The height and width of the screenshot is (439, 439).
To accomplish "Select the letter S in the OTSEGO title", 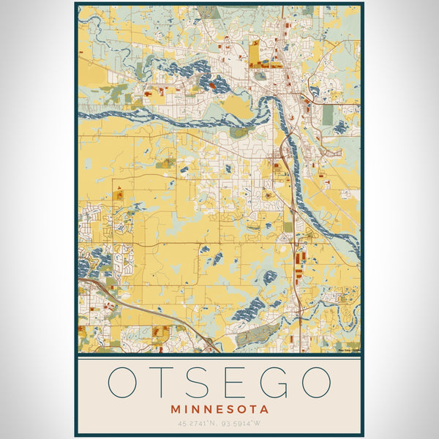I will pyautogui.click(x=203, y=382).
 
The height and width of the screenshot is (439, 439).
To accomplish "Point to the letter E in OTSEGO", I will pyautogui.click(x=238, y=382).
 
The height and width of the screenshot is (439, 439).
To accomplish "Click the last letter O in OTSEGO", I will pyautogui.click(x=315, y=382).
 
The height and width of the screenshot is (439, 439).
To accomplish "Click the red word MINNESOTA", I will pyautogui.click(x=219, y=410).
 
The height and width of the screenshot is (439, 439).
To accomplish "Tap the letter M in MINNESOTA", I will pyautogui.click(x=175, y=410).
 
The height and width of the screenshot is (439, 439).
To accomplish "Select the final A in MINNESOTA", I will pyautogui.click(x=265, y=410).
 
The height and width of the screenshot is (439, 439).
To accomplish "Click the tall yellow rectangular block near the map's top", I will pyautogui.click(x=254, y=54).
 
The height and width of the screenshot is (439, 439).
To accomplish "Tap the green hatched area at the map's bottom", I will pyautogui.click(x=256, y=335).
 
